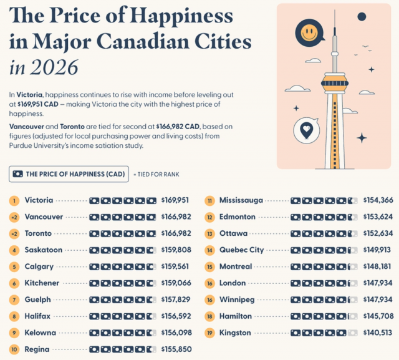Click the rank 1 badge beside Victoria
click(x=14, y=201)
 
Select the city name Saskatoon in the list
click(x=44, y=250)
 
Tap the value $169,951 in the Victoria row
click(x=175, y=200)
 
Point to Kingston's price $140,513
click(x=378, y=333)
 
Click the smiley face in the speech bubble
click(x=309, y=33)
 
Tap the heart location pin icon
click(x=307, y=130)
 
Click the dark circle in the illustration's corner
click(x=362, y=17)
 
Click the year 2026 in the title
click(x=54, y=67)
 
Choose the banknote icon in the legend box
click(x=18, y=174)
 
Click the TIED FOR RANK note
click(x=156, y=175)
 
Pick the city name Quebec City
click(x=241, y=250)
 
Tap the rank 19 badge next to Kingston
click(x=209, y=333)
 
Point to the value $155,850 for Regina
click(x=176, y=349)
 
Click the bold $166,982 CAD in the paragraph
click(x=178, y=127)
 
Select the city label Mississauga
click(x=241, y=200)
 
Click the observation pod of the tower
click(x=335, y=83)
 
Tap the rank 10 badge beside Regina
click(x=14, y=349)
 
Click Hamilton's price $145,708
click(x=378, y=316)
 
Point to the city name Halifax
click(x=37, y=316)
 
